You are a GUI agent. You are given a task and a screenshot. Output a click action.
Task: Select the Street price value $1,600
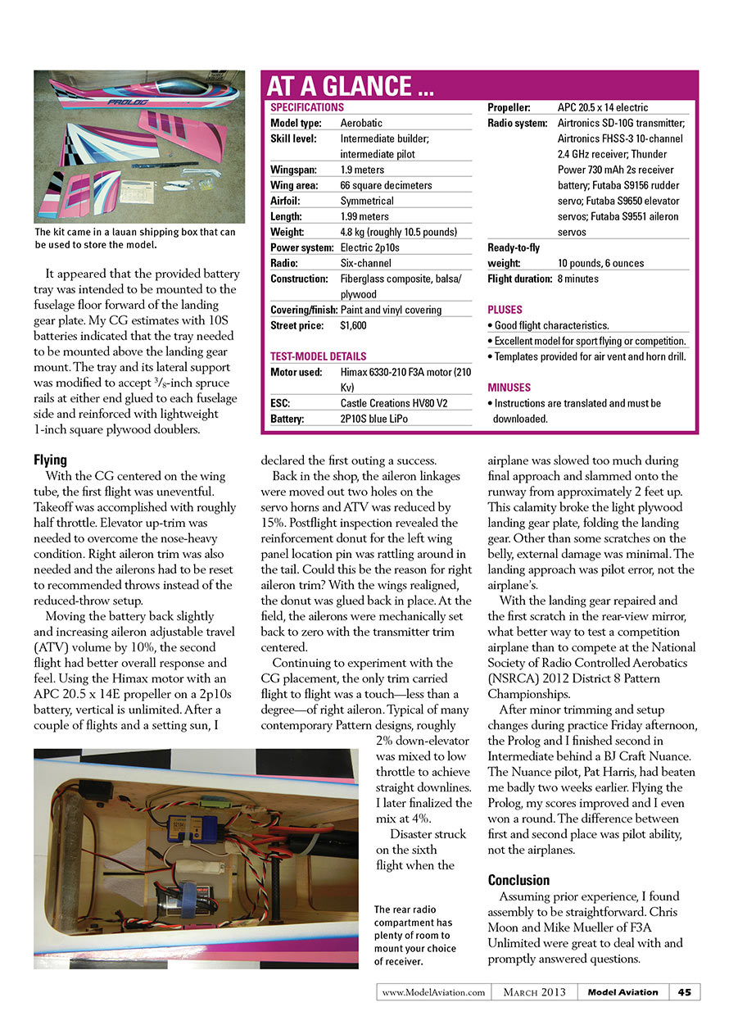354,325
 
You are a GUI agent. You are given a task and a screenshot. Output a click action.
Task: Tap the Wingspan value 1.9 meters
361,170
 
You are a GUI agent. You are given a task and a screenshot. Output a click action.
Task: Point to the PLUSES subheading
505,310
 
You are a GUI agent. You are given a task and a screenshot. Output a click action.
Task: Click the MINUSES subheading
509,387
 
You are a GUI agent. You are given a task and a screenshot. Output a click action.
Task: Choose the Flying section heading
51,460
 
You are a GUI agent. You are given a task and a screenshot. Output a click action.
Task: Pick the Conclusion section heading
518,880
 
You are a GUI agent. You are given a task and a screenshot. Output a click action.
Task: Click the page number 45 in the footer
684,992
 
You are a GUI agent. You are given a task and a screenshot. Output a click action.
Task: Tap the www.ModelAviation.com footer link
433,992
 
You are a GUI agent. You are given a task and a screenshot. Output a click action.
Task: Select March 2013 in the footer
534,992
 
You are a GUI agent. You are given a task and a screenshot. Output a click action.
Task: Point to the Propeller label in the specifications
509,107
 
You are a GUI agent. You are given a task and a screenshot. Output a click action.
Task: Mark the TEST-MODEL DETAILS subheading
319,356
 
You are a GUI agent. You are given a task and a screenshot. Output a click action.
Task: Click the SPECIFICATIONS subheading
307,107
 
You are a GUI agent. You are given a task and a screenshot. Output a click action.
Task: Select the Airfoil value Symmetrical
366,201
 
